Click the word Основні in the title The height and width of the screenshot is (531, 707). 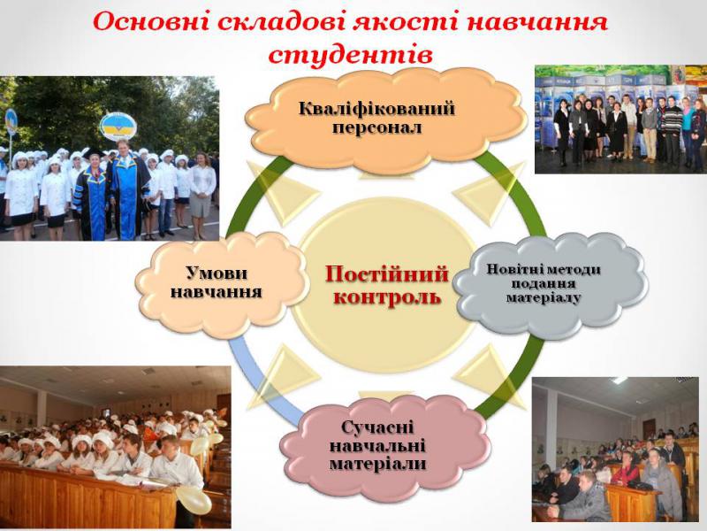click(x=150, y=21)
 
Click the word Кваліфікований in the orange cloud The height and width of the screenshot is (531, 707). click(x=376, y=109)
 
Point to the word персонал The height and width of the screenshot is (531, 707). click(x=377, y=127)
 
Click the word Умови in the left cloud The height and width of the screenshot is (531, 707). click(x=217, y=273)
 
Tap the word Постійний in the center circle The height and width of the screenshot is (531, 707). click(x=387, y=274)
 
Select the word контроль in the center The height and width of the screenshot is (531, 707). click(x=387, y=296)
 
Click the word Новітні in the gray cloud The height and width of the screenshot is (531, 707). click(x=516, y=270)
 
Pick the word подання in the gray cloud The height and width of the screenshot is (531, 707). click(x=544, y=283)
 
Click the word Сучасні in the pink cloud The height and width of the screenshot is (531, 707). click(x=377, y=427)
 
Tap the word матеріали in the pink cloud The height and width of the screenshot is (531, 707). click(x=378, y=464)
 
